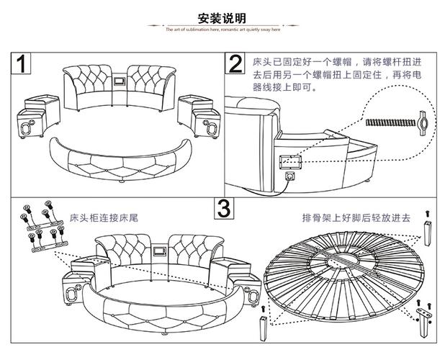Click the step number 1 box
22,63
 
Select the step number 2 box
235,63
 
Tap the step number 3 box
225,209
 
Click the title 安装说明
222,17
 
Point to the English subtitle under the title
223,30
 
